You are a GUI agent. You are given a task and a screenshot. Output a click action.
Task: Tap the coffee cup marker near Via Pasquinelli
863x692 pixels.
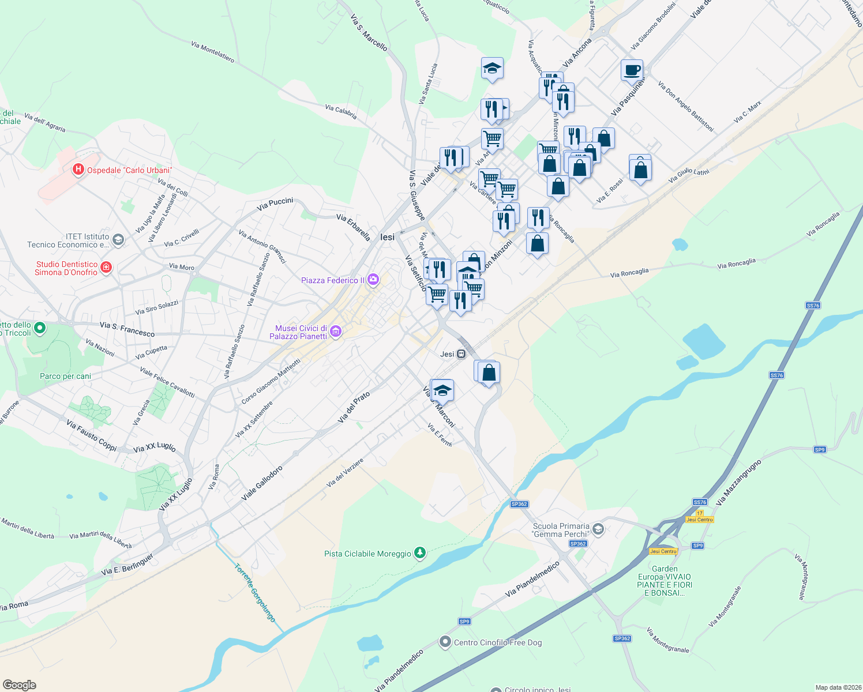coord(632,70)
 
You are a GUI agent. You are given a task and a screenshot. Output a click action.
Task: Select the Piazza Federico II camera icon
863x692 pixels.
coord(373,280)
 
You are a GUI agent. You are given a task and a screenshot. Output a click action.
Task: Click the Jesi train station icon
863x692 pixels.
coord(461,354)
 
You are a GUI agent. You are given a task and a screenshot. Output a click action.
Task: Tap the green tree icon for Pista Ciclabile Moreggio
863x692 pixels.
coord(421,554)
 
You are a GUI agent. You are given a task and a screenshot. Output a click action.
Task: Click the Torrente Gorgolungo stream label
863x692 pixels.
coord(255,592)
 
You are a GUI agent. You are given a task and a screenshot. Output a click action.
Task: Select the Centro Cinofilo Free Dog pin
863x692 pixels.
coord(445,642)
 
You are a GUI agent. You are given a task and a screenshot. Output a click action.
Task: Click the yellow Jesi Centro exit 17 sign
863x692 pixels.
coord(700,517)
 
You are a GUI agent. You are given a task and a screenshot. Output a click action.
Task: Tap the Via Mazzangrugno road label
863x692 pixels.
coord(739,482)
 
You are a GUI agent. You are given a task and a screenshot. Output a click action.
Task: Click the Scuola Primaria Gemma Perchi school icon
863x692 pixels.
coord(598,529)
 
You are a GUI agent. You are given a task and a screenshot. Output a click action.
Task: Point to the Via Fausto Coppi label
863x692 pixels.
coord(91,435)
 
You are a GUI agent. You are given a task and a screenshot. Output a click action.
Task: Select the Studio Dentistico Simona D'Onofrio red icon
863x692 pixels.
coord(106,267)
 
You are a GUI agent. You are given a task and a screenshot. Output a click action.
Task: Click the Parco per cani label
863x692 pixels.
coord(65,376)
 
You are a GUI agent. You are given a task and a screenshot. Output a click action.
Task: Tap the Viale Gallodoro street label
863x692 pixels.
coord(262,483)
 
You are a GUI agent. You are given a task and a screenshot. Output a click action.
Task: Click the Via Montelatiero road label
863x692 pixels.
coord(212,51)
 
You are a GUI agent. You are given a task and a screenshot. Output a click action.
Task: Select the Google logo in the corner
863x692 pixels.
coord(19,685)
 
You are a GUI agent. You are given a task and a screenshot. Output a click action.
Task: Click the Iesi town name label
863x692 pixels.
coord(387,237)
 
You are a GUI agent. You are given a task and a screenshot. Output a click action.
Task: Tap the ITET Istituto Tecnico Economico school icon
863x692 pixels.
coord(118,240)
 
